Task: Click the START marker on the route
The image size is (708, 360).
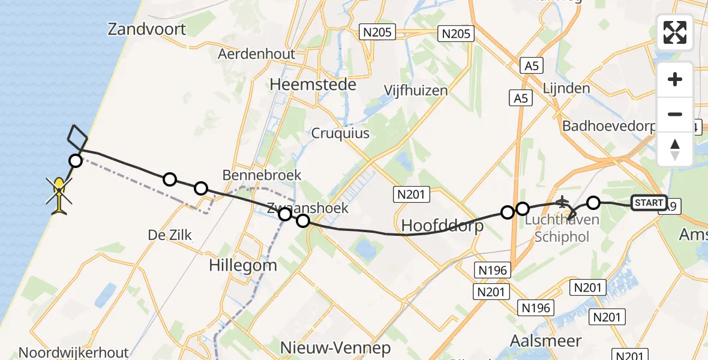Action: click(x=649, y=203)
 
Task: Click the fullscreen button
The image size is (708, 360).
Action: click(x=675, y=32)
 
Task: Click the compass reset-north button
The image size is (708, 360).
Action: click(x=675, y=149)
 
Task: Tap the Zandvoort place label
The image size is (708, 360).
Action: click(x=147, y=29)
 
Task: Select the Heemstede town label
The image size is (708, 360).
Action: click(x=313, y=85)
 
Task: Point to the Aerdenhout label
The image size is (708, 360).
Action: click(x=257, y=54)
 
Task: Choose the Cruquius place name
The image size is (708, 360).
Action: click(x=340, y=133)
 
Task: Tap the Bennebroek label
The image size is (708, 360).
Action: click(x=262, y=175)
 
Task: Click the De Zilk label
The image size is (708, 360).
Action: click(x=170, y=235)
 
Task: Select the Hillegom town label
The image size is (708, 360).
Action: click(x=243, y=265)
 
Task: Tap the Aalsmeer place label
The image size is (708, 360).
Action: click(x=545, y=341)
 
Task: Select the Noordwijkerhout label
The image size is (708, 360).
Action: click(x=74, y=352)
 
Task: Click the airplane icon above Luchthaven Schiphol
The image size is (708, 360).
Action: click(x=562, y=202)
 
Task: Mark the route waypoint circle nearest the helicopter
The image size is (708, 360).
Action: click(x=75, y=160)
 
